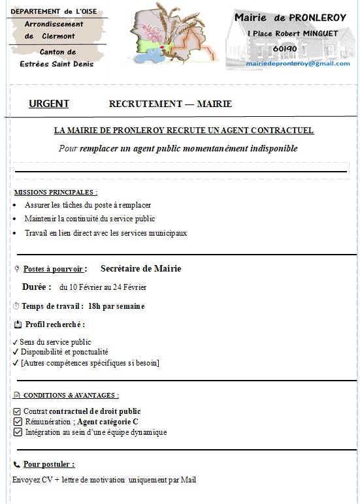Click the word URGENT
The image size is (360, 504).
49,104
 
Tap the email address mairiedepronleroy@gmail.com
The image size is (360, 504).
293,63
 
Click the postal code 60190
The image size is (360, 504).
286,48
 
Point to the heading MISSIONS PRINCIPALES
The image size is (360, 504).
56,193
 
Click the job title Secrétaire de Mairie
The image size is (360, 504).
140,268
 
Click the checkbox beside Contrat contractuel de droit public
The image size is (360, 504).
17,411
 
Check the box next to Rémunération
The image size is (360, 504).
17,422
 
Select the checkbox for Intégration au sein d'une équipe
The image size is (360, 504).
17,432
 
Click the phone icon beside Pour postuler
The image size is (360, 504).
16,465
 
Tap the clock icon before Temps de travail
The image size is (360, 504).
16,306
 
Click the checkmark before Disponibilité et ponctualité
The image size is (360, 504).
15,352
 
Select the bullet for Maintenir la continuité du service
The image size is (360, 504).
16,219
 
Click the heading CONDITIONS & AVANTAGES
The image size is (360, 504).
71,396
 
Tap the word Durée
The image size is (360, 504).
37,287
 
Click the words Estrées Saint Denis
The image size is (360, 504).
57,64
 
